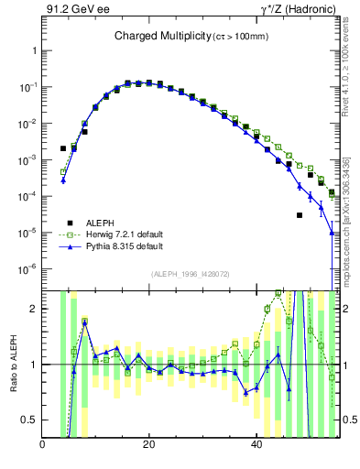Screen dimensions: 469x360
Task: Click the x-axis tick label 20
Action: [149, 444]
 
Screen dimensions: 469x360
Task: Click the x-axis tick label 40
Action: [256, 444]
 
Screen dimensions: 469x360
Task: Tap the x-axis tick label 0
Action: [43, 444]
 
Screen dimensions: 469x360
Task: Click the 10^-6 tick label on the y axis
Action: [27, 268]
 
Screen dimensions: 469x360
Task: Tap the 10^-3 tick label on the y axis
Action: [27, 160]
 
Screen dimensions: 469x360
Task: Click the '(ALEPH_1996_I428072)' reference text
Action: [190, 275]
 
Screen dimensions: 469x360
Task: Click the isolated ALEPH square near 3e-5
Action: [300, 215]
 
